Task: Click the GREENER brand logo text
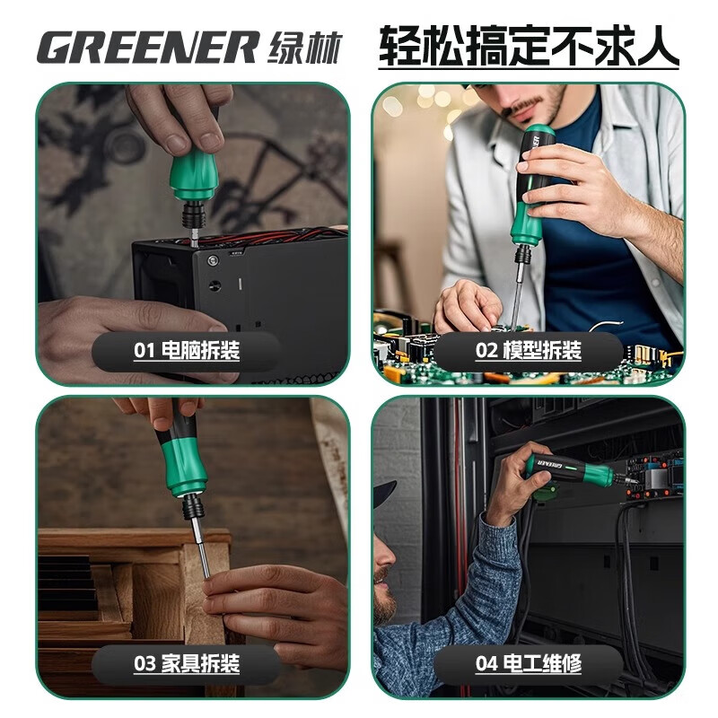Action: click(x=147, y=48)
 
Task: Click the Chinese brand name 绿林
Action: click(x=304, y=48)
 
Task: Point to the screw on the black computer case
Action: click(x=213, y=260)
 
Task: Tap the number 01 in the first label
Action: click(x=144, y=350)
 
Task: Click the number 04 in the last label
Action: click(x=486, y=665)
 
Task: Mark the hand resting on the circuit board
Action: click(x=467, y=305)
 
